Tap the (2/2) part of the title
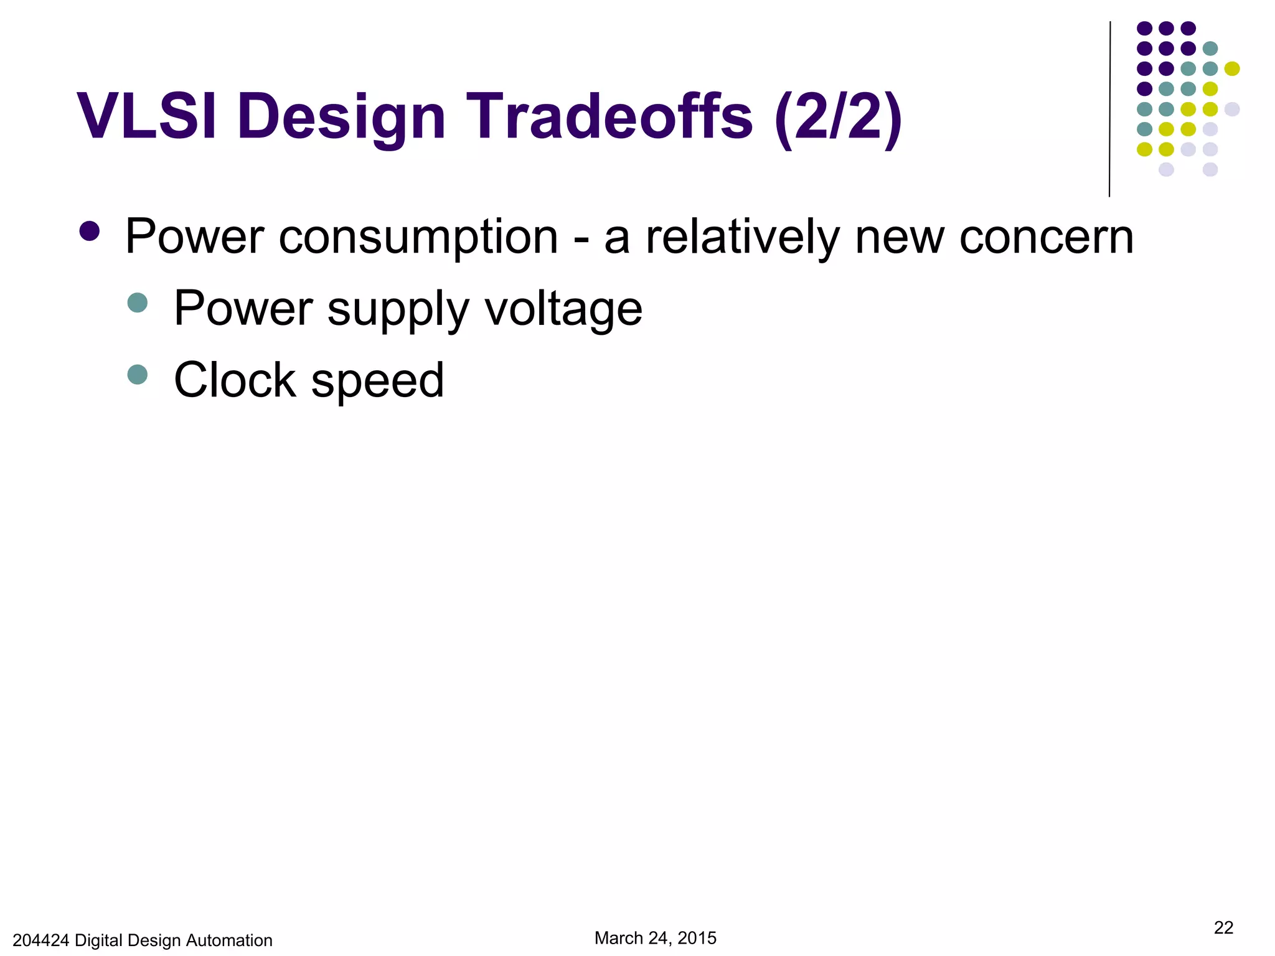(x=839, y=116)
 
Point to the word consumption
(x=418, y=238)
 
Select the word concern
(x=1047, y=238)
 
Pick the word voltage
(x=563, y=309)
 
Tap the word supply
(x=398, y=309)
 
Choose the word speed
(x=377, y=381)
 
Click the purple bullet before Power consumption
(x=90, y=231)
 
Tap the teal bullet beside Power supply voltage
(x=137, y=303)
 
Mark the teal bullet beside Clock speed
(x=137, y=375)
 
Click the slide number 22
(x=1223, y=927)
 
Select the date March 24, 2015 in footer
(x=655, y=938)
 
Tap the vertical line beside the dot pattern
(x=1109, y=109)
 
